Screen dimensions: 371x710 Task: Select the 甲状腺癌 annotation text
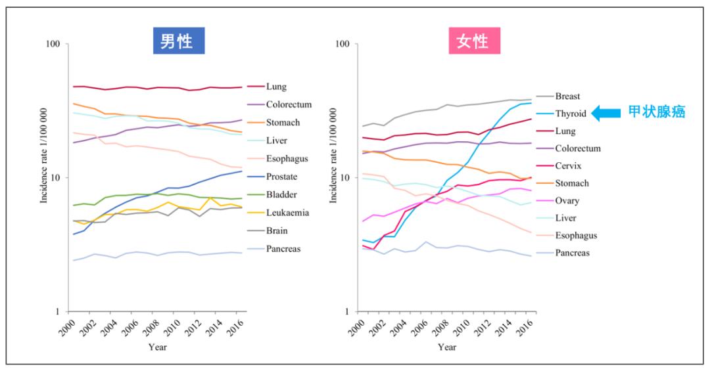click(x=657, y=112)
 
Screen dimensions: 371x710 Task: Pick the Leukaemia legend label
click(x=287, y=213)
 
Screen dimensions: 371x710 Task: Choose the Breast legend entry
click(x=567, y=96)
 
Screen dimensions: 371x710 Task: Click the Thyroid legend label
click(x=570, y=114)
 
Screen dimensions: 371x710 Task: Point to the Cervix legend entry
click(x=568, y=165)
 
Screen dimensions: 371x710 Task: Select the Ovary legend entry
click(x=567, y=201)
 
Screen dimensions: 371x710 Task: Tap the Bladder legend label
click(x=282, y=195)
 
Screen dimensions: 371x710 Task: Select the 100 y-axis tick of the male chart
click(x=53, y=44)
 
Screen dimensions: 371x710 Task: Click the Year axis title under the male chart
click(x=157, y=347)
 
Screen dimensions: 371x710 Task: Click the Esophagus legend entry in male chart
click(x=287, y=159)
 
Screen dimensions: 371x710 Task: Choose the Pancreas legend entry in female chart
click(x=572, y=253)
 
